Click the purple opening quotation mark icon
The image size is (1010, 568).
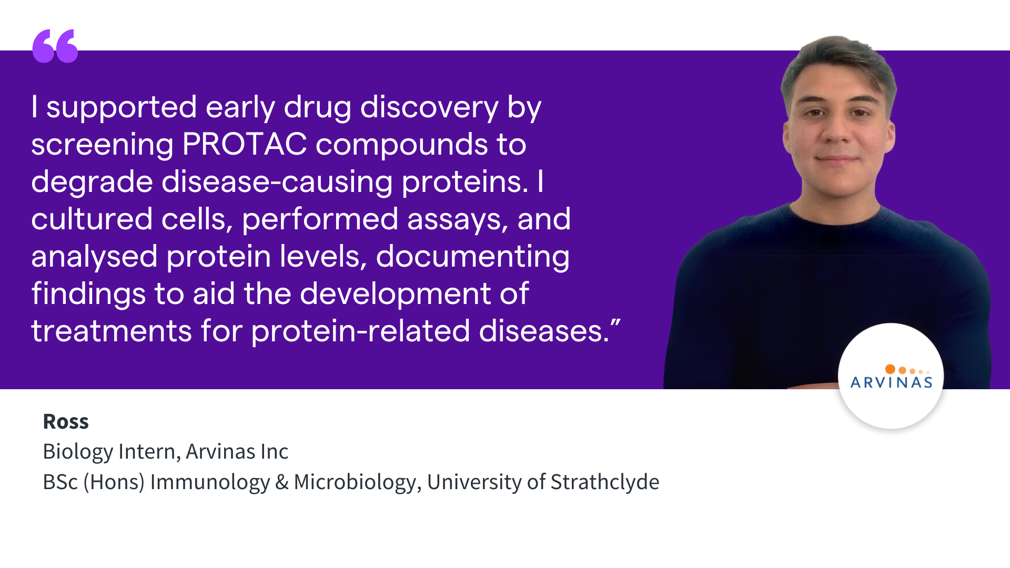point(55,46)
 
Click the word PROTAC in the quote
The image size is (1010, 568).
point(245,144)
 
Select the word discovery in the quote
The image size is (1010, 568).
point(429,107)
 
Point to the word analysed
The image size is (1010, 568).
point(94,257)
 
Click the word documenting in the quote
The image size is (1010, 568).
point(473,257)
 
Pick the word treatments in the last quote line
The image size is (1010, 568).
point(112,331)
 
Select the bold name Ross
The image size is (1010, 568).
point(66,421)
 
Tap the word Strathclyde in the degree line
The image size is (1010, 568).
point(605,482)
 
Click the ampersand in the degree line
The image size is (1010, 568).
point(282,482)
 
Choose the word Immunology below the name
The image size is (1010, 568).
point(210,482)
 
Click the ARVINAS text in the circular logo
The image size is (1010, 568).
point(892,382)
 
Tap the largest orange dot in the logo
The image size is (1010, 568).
point(890,369)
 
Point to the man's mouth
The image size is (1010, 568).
point(836,158)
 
